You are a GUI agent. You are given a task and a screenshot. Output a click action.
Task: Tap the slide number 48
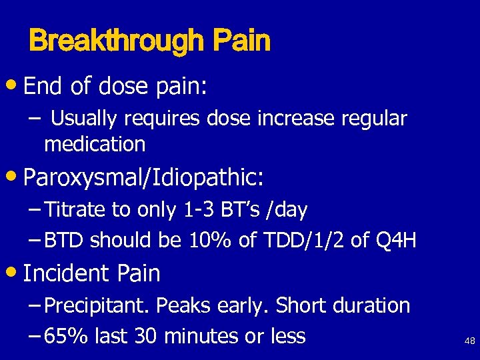tap(469, 341)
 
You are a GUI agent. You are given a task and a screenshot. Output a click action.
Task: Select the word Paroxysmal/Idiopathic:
tap(143, 179)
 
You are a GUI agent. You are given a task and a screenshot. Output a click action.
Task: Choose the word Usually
tap(82, 119)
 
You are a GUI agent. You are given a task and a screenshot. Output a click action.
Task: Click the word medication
tap(95, 143)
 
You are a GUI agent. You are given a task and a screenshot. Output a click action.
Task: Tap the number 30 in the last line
tap(143, 336)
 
